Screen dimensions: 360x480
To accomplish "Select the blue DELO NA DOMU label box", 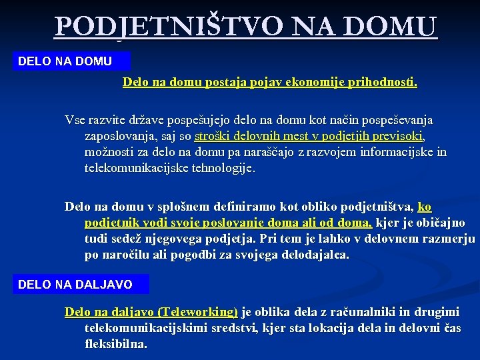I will tap(72, 61).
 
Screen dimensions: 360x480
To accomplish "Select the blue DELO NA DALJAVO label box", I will tap(81, 285).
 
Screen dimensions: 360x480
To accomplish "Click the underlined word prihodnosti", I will tap(383, 83).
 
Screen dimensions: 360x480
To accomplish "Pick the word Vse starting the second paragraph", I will tap(75, 121).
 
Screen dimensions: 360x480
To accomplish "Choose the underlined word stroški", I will tap(213, 137).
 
